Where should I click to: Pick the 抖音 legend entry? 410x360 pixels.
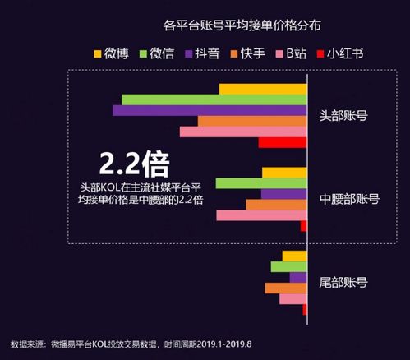(x=210, y=54)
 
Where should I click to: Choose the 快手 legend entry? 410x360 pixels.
(x=256, y=54)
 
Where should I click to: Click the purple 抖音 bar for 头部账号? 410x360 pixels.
(x=210, y=110)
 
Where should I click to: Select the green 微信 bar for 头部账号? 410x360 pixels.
(x=214, y=99)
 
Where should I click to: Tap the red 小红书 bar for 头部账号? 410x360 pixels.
(x=282, y=142)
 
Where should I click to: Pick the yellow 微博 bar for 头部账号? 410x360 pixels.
(x=262, y=89)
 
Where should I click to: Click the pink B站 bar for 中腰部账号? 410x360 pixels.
(x=261, y=215)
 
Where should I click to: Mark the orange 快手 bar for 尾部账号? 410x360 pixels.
(x=285, y=288)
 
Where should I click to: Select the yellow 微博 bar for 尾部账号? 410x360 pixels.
(x=294, y=256)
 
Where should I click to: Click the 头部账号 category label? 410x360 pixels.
(x=343, y=115)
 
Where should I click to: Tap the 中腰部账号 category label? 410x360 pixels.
(x=349, y=199)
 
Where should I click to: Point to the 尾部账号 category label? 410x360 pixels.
(x=343, y=282)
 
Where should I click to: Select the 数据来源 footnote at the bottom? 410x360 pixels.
(x=131, y=343)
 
